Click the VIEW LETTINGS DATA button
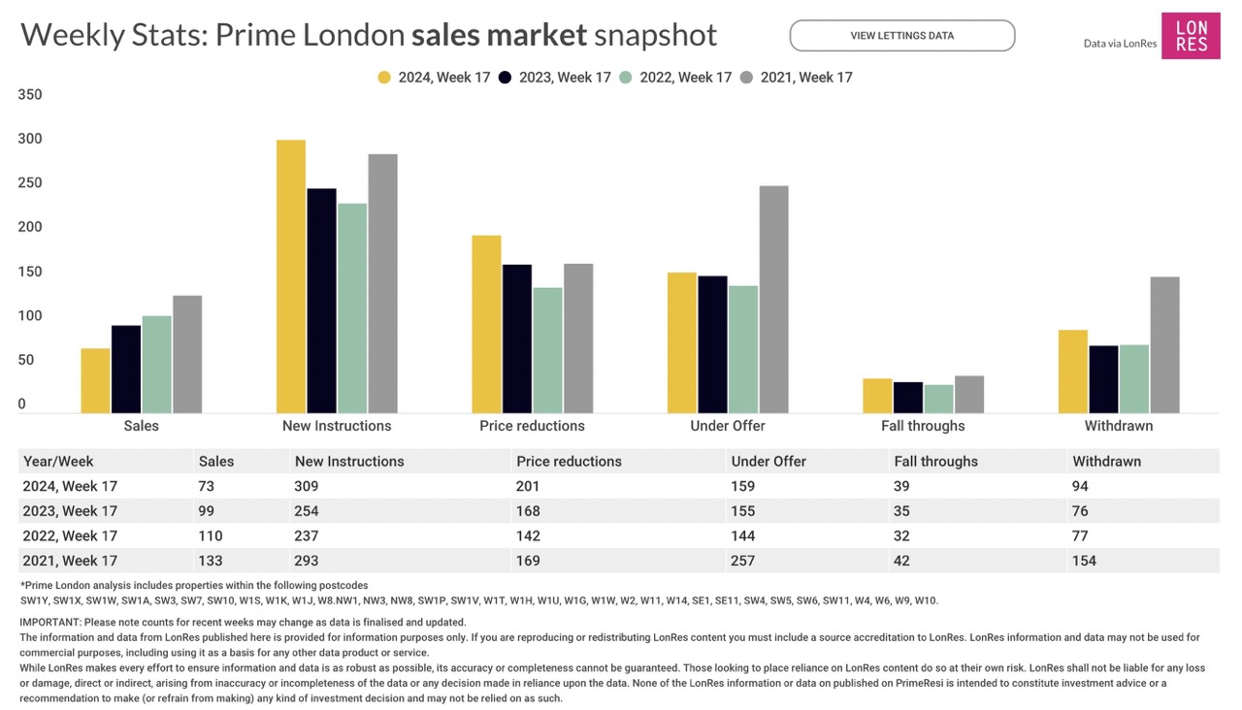(x=901, y=36)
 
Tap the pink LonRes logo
(x=1191, y=36)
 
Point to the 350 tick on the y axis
(x=30, y=95)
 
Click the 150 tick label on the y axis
(x=30, y=273)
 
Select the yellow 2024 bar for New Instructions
(x=291, y=276)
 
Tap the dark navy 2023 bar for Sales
(x=126, y=369)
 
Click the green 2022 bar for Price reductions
(x=547, y=350)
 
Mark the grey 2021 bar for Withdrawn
(x=1164, y=344)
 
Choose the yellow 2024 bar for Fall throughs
(x=877, y=396)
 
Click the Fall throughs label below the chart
(x=923, y=426)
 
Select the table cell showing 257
(x=743, y=561)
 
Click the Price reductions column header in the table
(x=569, y=462)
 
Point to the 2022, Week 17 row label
(x=69, y=535)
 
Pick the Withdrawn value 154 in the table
(x=1084, y=561)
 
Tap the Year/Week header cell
(x=58, y=462)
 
